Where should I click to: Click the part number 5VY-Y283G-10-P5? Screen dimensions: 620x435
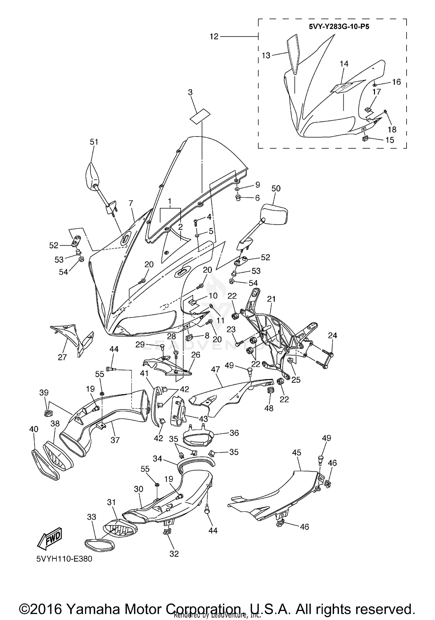click(x=339, y=27)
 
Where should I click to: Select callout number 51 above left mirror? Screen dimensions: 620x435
click(x=94, y=142)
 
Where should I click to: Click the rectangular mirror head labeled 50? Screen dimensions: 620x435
click(x=274, y=214)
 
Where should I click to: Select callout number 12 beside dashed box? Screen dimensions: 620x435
click(x=214, y=37)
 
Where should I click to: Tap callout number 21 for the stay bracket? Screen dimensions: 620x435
click(x=271, y=299)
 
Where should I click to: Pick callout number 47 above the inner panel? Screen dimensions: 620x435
click(x=215, y=370)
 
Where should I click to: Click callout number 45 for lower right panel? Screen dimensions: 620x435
click(x=297, y=452)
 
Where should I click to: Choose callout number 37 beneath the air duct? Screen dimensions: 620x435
click(x=115, y=440)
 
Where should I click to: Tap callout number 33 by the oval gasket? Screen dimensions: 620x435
click(x=92, y=517)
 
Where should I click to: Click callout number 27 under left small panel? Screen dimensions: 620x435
click(x=62, y=357)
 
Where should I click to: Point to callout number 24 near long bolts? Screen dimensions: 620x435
click(x=332, y=335)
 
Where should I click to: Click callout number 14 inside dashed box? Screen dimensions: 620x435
click(x=344, y=64)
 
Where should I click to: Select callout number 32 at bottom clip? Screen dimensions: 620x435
click(x=174, y=554)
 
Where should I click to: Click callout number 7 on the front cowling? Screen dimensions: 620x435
click(x=131, y=203)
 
